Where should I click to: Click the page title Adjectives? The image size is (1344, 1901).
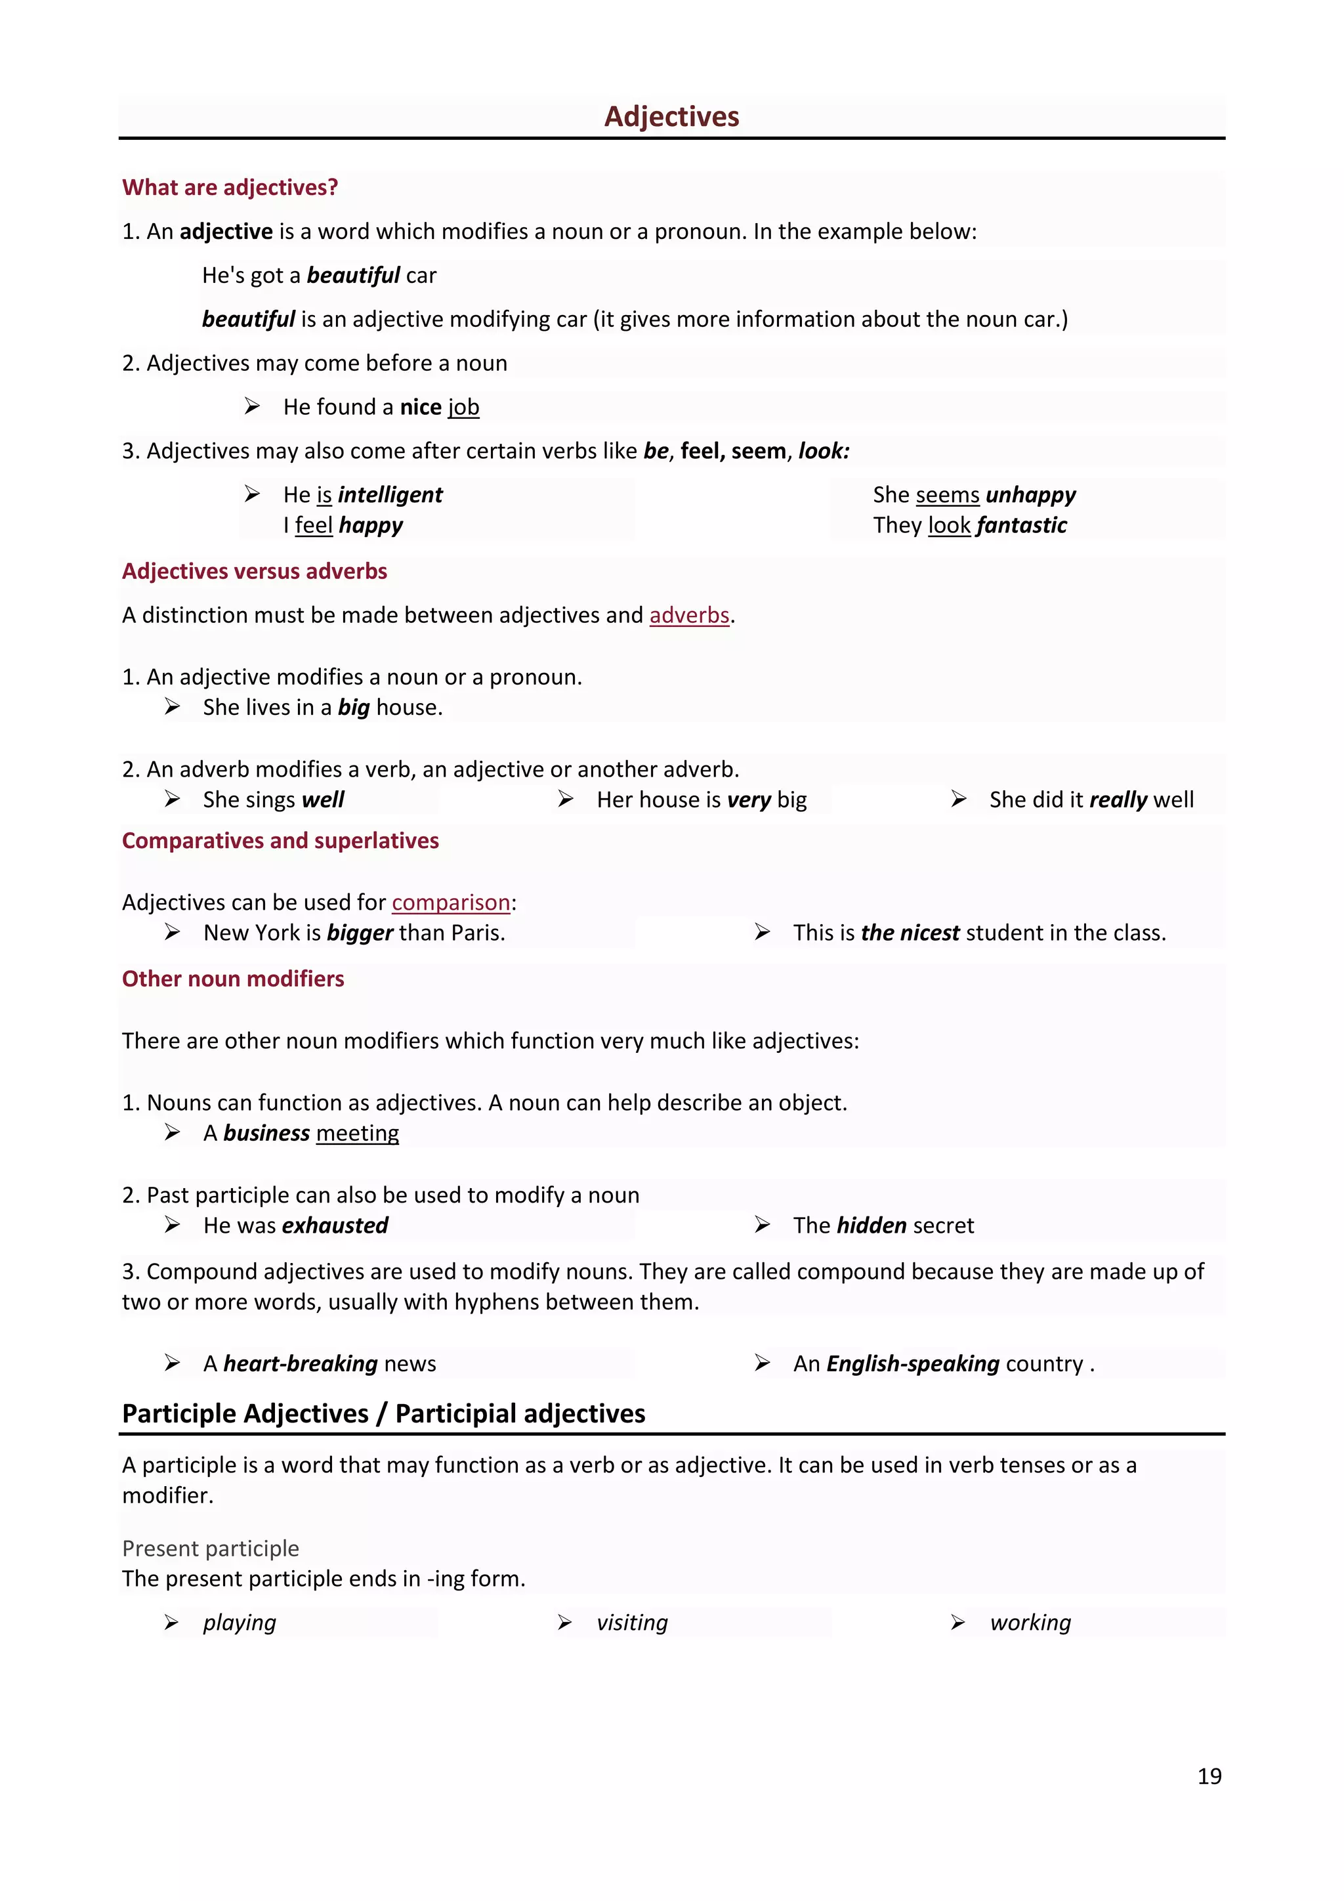671,117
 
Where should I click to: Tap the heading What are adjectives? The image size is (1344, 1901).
230,187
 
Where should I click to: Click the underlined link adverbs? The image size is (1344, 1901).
689,615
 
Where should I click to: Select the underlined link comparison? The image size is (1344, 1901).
451,903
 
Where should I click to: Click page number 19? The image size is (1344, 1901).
1209,1776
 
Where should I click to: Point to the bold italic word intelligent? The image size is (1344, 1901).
390,495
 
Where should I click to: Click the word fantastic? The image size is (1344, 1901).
1022,526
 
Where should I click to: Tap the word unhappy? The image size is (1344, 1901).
1031,495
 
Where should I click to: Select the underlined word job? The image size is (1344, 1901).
463,408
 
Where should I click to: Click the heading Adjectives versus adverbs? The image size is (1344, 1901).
254,571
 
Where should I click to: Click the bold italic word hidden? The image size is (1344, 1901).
871,1226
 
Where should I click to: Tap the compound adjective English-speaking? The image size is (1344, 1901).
913,1363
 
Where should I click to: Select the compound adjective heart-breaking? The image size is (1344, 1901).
301,1363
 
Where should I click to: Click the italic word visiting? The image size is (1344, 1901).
632,1622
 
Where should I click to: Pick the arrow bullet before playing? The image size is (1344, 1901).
171,1622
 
